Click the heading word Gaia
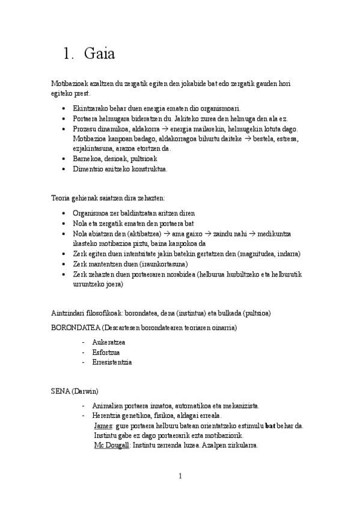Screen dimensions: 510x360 [100, 54]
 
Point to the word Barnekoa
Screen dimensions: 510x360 [87, 159]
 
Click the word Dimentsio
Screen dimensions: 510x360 [88, 169]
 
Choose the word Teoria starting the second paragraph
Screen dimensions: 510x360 [61, 197]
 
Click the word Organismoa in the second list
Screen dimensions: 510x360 [92, 214]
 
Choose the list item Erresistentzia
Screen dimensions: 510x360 [112, 363]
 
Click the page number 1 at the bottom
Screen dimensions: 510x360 [180, 477]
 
